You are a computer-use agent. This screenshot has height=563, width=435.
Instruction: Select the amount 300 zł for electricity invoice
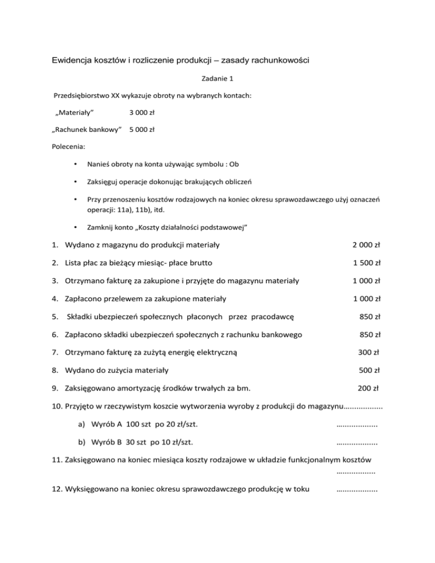coord(369,352)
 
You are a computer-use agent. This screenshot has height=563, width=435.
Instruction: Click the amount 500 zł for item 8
coord(369,370)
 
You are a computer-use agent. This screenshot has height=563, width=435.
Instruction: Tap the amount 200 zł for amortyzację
coord(369,389)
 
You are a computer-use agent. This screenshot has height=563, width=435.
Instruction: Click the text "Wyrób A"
coord(105,424)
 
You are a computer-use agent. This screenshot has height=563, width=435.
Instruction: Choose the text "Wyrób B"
coord(105,442)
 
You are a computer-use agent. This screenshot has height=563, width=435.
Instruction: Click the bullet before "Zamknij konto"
coord(75,227)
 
